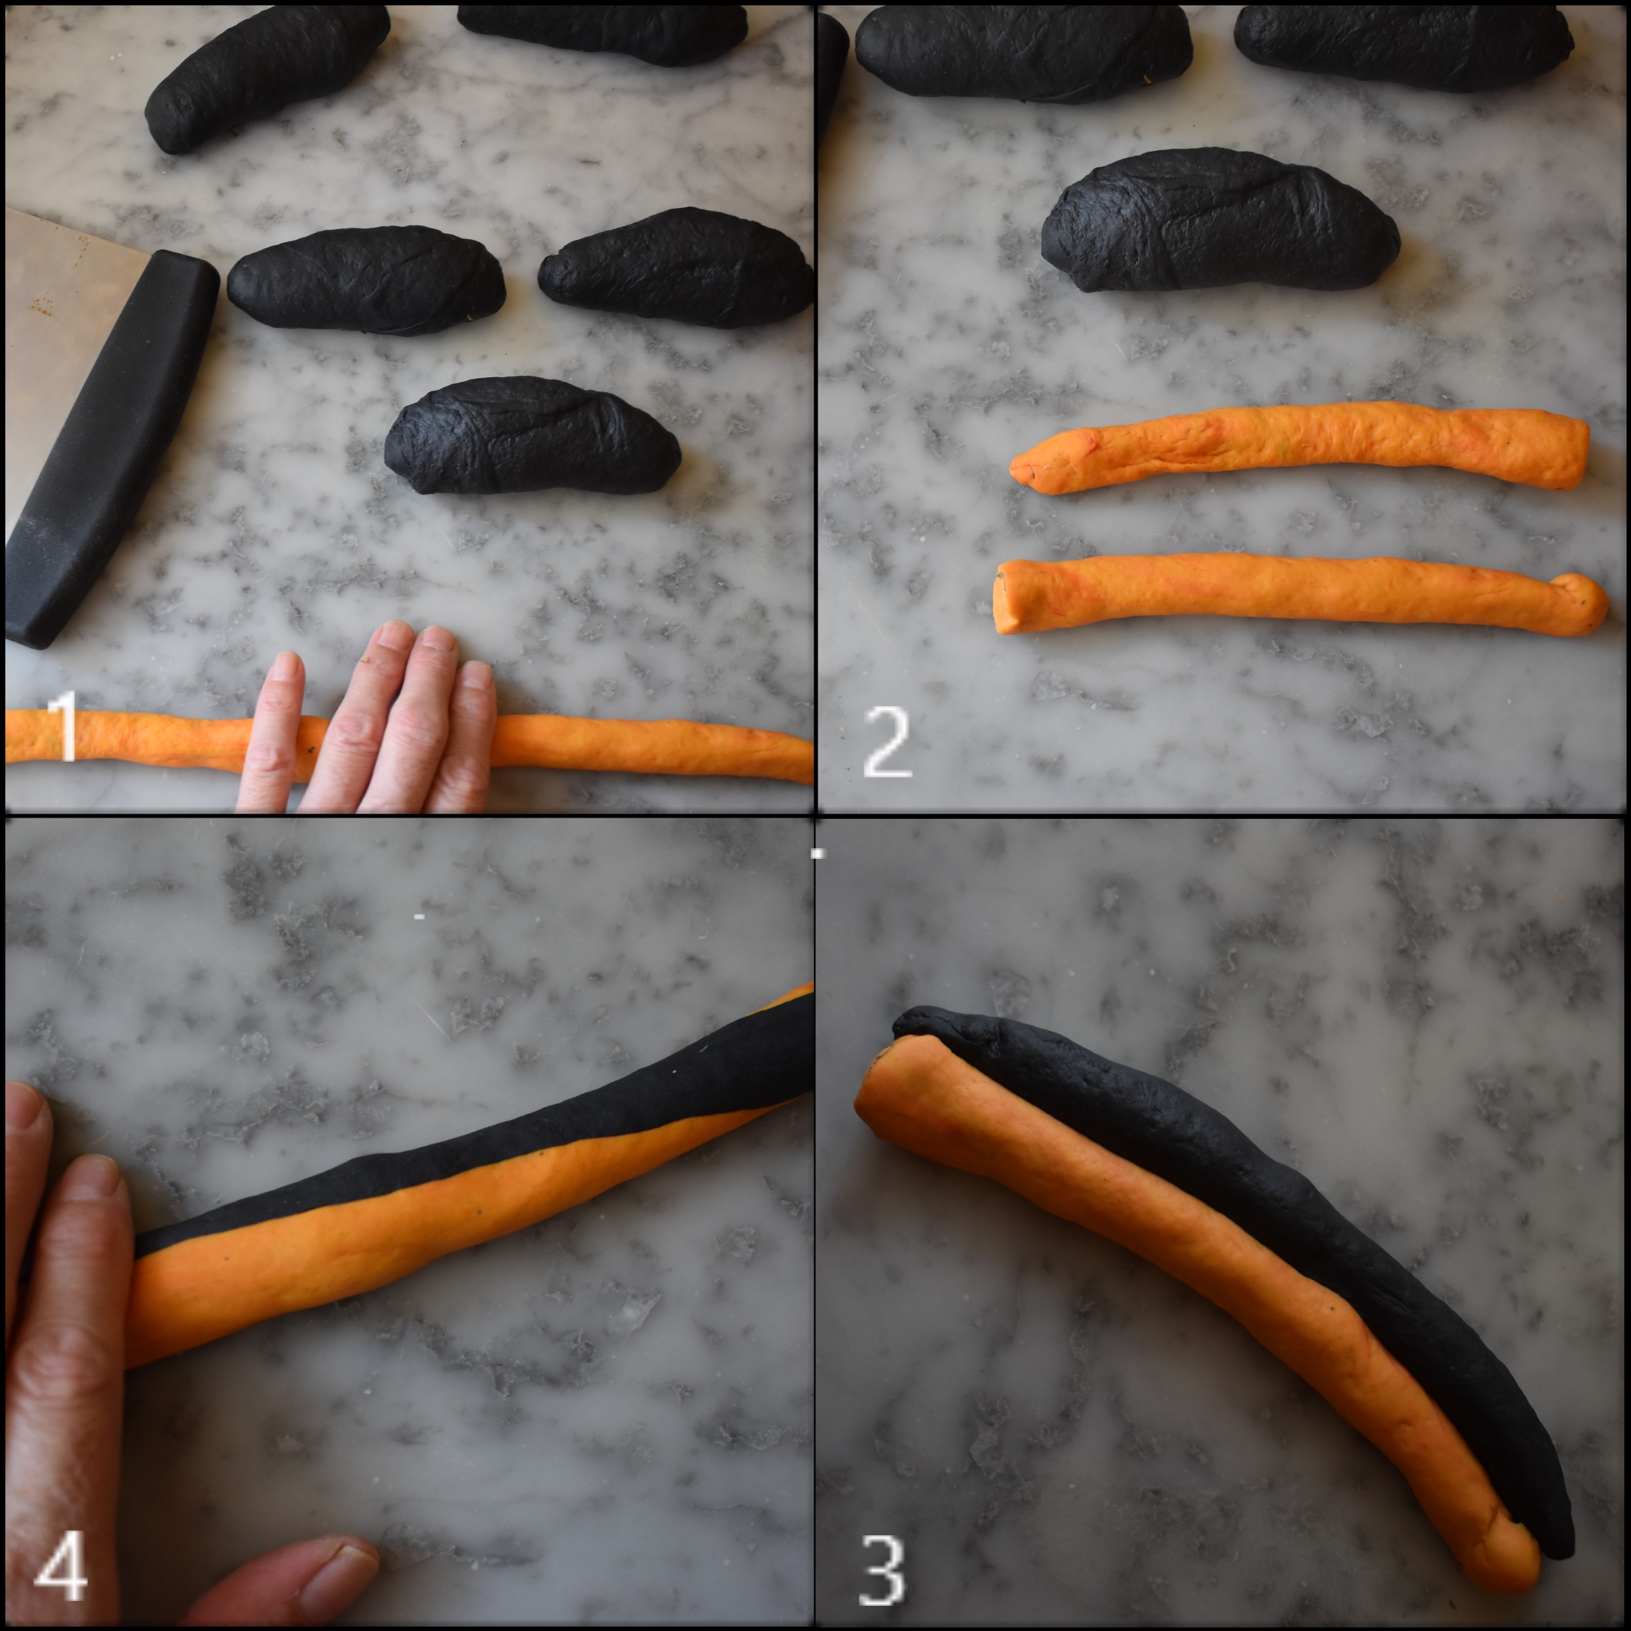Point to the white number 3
click(x=882, y=1571)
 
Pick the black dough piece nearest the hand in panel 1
click(x=532, y=436)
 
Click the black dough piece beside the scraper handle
click(x=366, y=280)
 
